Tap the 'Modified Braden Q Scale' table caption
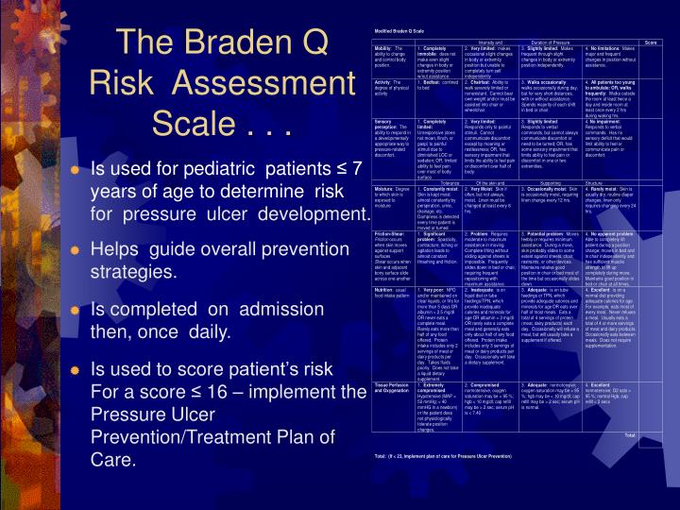pyautogui.click(x=399, y=31)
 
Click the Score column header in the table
pyautogui.click(x=651, y=42)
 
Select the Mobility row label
pyautogui.click(x=383, y=48)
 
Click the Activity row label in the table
pyautogui.click(x=382, y=82)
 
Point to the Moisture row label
pyautogui.click(x=384, y=189)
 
